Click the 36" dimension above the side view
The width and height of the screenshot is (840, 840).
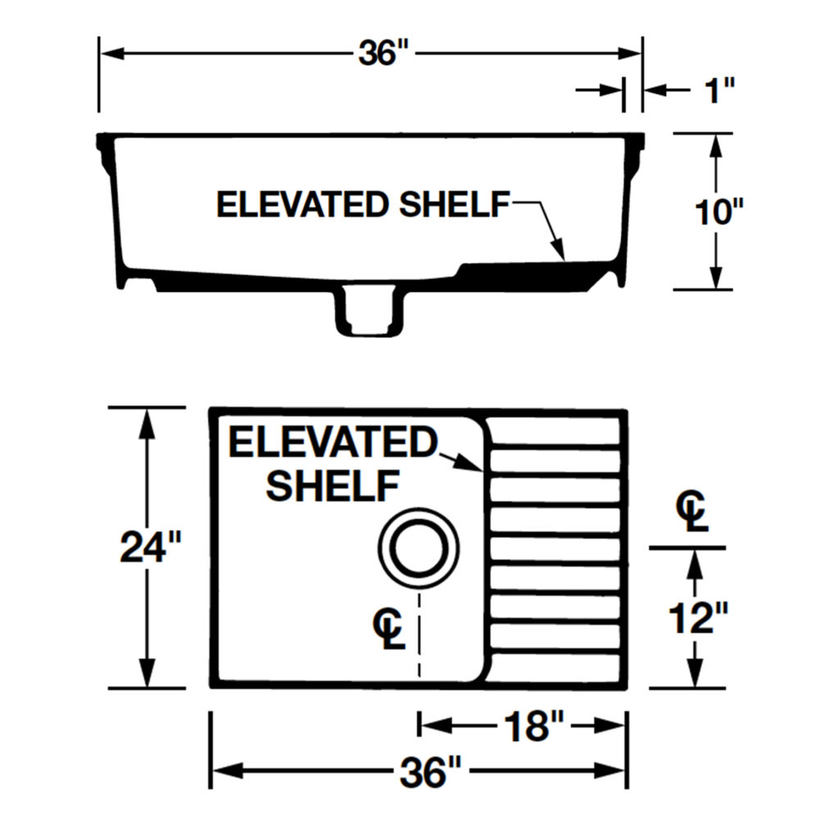pos(383,53)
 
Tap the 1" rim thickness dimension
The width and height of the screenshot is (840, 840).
pos(719,90)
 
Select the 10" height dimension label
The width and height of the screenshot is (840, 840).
pos(719,212)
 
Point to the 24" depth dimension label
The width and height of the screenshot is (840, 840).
pos(151,547)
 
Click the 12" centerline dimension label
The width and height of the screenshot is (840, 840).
pos(698,618)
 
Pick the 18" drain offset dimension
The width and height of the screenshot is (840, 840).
pos(533,727)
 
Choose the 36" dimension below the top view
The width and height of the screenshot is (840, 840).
pos(430,772)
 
